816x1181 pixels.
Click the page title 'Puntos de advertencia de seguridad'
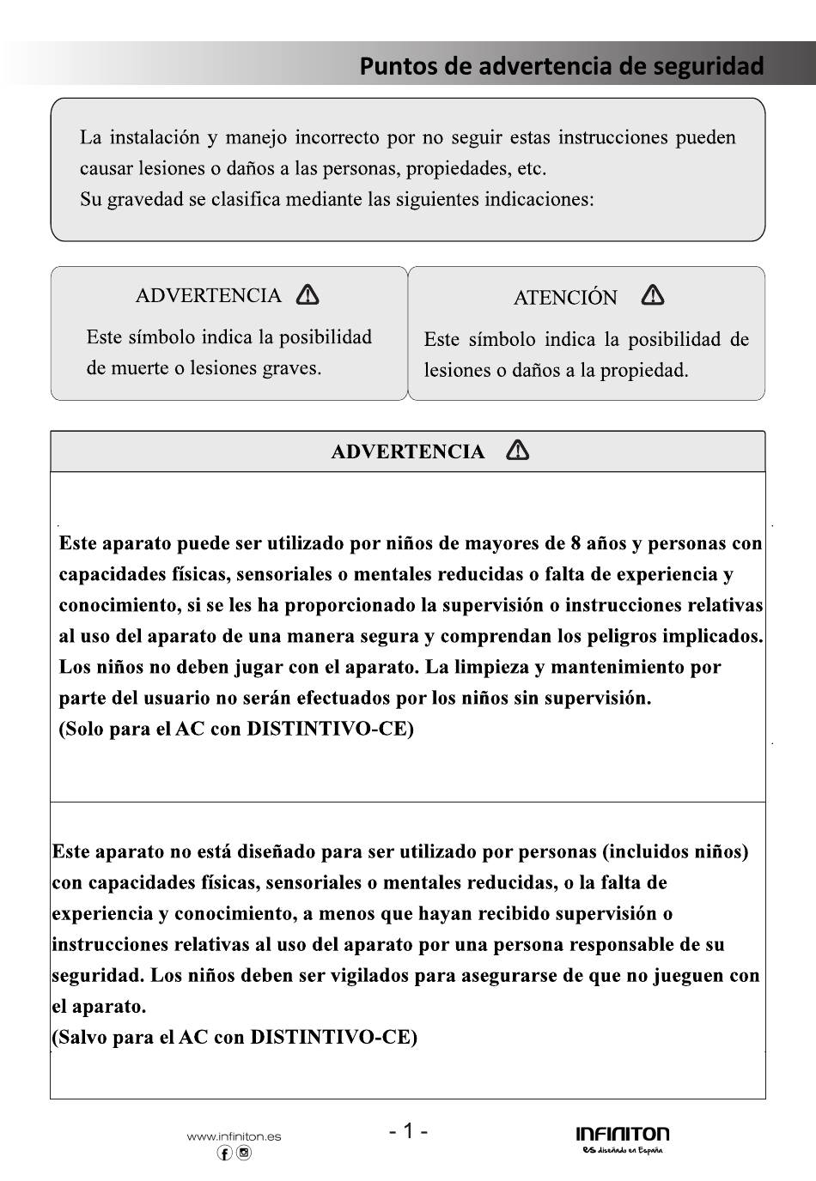[562, 66]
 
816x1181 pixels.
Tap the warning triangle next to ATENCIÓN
[653, 296]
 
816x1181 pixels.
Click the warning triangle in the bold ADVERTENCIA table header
[518, 451]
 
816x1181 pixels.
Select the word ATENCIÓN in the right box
[565, 298]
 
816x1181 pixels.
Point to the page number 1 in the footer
[409, 1130]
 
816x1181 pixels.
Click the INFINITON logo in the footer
[623, 1134]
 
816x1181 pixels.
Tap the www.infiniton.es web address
[234, 1136]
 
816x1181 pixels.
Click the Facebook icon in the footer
[224, 1154]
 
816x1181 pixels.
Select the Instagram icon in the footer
[244, 1154]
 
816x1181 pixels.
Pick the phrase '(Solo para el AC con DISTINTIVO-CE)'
[236, 729]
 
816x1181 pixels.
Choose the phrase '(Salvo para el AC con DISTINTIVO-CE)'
[234, 1037]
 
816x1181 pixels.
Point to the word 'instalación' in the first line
[155, 137]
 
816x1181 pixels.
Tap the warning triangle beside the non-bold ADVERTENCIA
[308, 295]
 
